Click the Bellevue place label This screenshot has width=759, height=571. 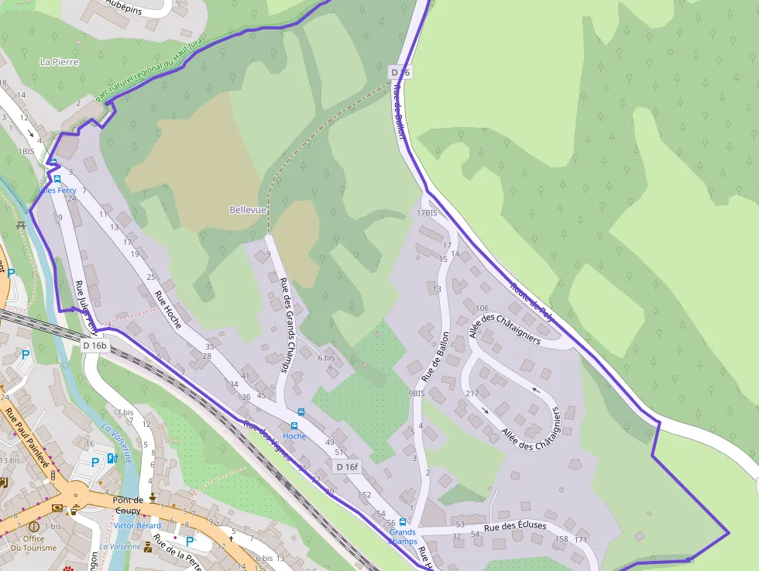[248, 210]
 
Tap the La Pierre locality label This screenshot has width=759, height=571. [60, 62]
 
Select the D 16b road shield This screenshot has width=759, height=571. [94, 345]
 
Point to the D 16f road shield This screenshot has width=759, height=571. [348, 466]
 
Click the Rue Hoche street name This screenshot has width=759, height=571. [168, 309]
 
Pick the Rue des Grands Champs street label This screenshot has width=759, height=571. [284, 325]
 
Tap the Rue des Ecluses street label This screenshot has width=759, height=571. [515, 526]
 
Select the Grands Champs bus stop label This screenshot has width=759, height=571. [403, 536]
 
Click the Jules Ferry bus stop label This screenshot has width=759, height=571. [57, 190]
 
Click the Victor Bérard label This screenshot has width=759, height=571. [137, 525]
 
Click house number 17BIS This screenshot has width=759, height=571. [427, 213]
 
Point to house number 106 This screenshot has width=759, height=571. [483, 308]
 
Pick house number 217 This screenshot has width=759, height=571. [472, 394]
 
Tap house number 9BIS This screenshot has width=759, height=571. [417, 394]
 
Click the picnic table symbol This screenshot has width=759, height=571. [21, 225]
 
